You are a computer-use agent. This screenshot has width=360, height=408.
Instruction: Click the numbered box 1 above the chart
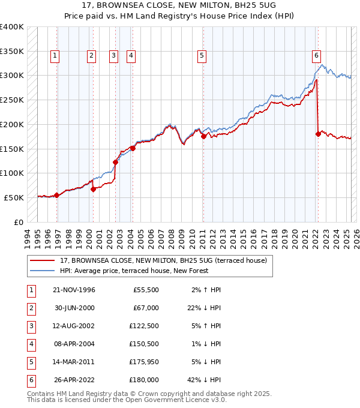pyautogui.click(x=55, y=56)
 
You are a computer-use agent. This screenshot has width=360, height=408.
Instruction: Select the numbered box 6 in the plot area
pyautogui.click(x=316, y=56)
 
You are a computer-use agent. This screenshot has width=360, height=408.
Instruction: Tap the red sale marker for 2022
pyautogui.click(x=318, y=134)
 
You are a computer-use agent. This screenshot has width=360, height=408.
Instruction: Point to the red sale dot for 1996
pyautogui.click(x=56, y=195)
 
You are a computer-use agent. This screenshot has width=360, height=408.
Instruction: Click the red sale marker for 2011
pyautogui.click(x=203, y=136)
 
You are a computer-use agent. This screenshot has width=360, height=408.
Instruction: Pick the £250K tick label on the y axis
pyautogui.click(x=12, y=100)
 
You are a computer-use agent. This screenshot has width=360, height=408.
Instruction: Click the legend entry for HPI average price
pyautogui.click(x=134, y=271)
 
